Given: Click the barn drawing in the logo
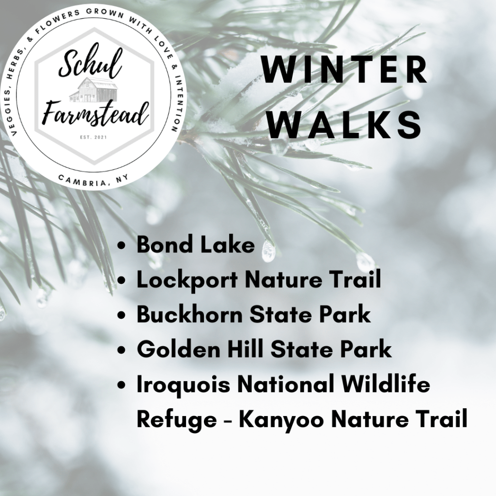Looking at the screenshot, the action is [x=94, y=90].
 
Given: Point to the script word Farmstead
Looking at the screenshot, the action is [x=95, y=113].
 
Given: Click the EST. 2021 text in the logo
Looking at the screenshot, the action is [x=93, y=137].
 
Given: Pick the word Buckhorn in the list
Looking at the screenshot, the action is [x=189, y=314].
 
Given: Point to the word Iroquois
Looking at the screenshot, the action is [x=183, y=385].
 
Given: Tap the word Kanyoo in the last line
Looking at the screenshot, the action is [x=281, y=419].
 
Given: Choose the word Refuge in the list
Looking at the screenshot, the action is [x=177, y=419].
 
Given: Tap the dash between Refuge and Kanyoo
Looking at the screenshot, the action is [x=228, y=421].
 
